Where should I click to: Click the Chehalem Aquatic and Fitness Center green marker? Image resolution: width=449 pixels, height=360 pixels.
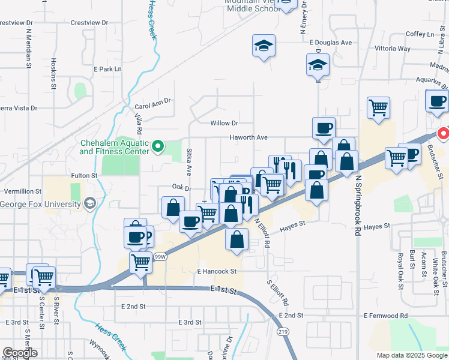[158, 145]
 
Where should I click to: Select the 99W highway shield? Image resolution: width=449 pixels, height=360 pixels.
[159, 256]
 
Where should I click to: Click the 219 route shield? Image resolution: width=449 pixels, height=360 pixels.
[282, 331]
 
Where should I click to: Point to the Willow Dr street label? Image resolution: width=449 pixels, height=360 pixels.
[224, 123]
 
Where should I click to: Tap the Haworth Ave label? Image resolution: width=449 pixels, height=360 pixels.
[248, 137]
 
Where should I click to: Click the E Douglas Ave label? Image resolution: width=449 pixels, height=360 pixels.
[330, 43]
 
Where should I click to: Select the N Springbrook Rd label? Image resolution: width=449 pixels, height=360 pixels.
[359, 205]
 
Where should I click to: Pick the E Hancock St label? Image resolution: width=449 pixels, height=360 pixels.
[218, 272]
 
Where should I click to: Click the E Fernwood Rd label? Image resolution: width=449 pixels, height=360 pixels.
[385, 315]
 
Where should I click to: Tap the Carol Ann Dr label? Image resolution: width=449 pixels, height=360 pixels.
[152, 103]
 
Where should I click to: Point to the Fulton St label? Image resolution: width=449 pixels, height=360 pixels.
[84, 175]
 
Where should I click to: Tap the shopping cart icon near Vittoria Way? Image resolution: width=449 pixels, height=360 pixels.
[378, 108]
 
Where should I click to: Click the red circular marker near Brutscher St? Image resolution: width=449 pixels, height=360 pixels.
[444, 133]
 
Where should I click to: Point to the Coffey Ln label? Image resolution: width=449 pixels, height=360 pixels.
[419, 34]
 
